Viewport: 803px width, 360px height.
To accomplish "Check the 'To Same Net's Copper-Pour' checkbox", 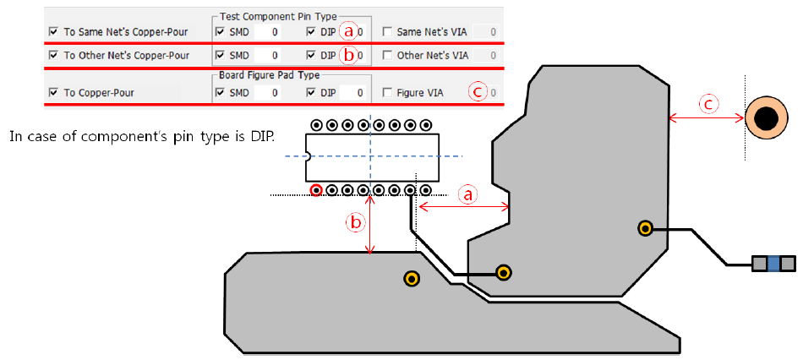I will point(54,32).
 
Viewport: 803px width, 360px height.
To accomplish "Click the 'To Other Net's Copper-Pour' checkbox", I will point(54,56).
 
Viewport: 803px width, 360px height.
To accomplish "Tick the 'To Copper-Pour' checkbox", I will point(54,92).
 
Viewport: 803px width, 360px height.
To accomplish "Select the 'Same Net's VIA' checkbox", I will point(387,32).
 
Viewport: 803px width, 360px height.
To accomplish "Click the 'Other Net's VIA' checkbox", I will point(387,56).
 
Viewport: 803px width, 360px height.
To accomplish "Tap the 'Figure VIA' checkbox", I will point(387,92).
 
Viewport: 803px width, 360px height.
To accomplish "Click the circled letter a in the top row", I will point(347,32).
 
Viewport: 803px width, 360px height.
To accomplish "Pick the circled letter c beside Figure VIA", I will point(479,92).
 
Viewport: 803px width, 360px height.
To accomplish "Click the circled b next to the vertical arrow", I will point(357,222).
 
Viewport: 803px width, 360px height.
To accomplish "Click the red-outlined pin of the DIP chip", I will point(316,190).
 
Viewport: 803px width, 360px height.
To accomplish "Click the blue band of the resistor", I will point(773,265).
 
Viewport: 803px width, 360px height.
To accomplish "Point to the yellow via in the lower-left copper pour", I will point(412,278).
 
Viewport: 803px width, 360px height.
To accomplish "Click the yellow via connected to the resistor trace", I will point(645,227).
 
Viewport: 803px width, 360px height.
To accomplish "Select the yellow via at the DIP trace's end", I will point(504,272).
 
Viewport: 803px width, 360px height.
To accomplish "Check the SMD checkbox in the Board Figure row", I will point(221,92).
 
